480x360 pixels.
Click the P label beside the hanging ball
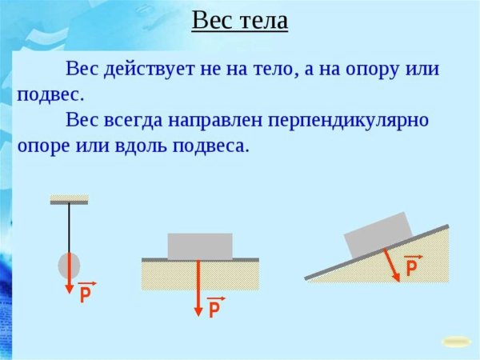click(86, 295)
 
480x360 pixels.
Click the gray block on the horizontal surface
click(200, 246)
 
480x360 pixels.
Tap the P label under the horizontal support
click(214, 310)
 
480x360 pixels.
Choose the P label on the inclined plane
click(412, 268)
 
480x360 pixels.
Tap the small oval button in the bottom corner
click(456, 341)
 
